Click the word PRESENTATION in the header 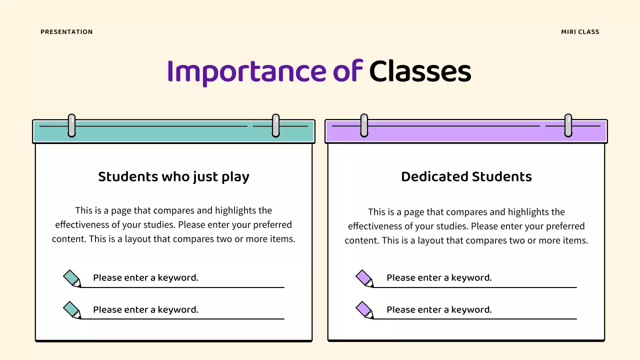tap(66, 32)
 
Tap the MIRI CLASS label tap(580, 32)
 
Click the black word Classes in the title tap(420, 71)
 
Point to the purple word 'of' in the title tap(347, 71)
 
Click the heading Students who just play tap(173, 176)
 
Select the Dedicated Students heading tap(466, 176)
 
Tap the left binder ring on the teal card tap(71, 125)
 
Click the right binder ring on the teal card tap(275, 125)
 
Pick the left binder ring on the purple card tap(364, 125)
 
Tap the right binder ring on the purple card tap(568, 125)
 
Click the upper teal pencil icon tap(72, 278)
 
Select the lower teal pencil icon tap(72, 310)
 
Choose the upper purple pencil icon tap(364, 278)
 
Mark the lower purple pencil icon tap(364, 310)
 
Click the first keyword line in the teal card tap(145, 278)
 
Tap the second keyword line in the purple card tap(439, 310)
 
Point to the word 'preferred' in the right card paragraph tap(565, 226)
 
